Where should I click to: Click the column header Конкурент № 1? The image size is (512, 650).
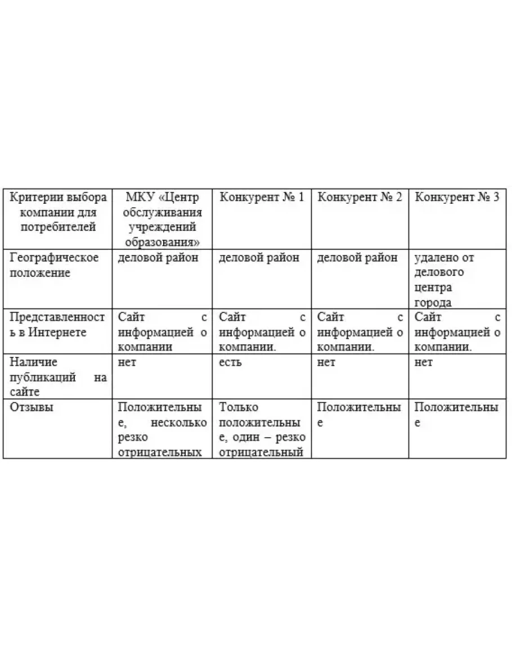262,198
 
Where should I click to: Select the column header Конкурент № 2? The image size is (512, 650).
360,198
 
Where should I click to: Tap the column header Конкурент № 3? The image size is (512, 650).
457,198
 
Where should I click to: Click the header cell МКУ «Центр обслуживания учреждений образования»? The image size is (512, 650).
162,220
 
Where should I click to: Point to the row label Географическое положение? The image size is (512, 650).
55,265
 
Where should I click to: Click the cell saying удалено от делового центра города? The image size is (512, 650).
444,280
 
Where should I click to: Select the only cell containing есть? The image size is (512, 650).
230,363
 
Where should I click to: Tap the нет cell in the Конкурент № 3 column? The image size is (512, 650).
424,363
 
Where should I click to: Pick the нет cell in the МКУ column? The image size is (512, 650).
127,363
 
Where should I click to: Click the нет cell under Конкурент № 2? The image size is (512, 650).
326,363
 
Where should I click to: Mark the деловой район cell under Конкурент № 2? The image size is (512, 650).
357,258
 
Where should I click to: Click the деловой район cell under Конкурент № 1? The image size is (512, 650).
259,258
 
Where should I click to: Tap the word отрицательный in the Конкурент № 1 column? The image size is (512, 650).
261,452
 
